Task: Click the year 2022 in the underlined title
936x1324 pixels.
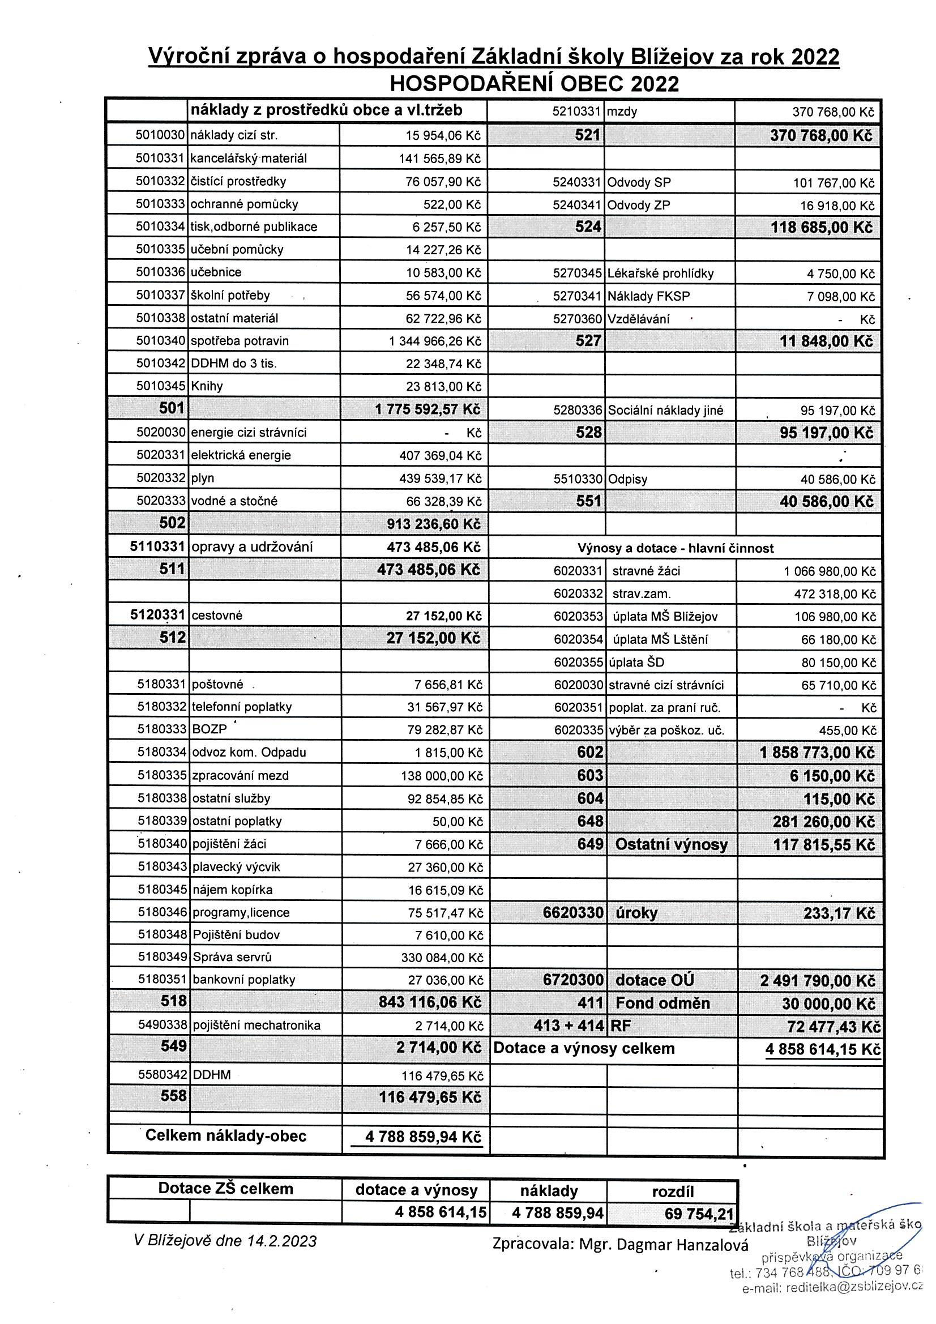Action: (x=815, y=57)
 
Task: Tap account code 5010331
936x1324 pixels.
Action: (x=160, y=158)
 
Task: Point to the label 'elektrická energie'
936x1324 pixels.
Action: (x=241, y=455)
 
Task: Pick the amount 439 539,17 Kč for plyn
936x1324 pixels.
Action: (x=440, y=478)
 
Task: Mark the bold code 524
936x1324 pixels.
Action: (x=588, y=227)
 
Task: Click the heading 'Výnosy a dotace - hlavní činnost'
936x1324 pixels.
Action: (x=676, y=548)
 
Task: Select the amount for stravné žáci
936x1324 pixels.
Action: (x=830, y=571)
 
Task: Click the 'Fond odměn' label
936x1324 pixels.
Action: (x=663, y=1003)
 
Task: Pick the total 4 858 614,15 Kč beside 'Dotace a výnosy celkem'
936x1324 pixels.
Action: (x=822, y=1049)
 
